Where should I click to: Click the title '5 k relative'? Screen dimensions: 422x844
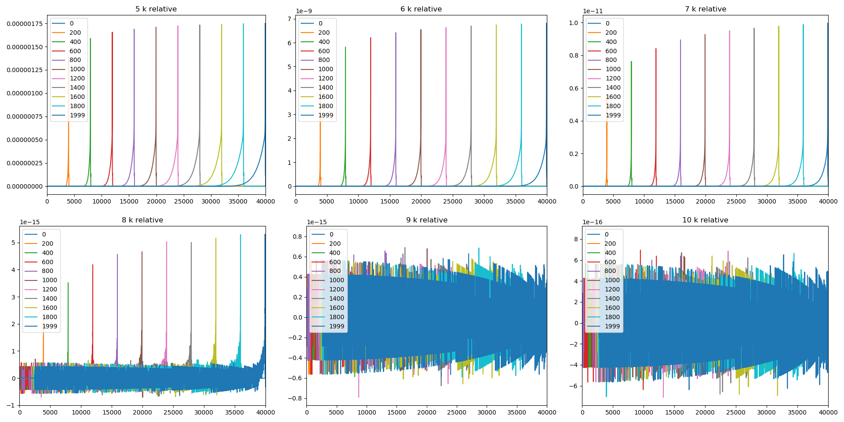tap(156, 9)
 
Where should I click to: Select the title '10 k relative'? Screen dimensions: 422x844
tap(705, 220)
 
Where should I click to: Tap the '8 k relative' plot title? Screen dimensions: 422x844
tap(142, 220)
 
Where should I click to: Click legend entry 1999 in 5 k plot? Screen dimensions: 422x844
tap(77, 115)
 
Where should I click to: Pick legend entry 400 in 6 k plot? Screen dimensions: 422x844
tap(324, 42)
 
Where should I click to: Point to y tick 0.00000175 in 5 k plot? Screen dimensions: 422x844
tap(25, 24)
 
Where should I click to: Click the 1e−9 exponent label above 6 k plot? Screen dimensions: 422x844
tap(304, 11)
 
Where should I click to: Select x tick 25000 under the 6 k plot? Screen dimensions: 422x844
tap(452, 201)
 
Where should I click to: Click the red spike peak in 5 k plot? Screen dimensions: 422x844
tap(112, 33)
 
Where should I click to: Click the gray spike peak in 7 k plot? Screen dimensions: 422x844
tap(754, 29)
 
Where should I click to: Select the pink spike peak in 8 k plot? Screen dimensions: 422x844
tap(167, 242)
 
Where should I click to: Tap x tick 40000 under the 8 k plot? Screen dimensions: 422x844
tap(266, 412)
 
